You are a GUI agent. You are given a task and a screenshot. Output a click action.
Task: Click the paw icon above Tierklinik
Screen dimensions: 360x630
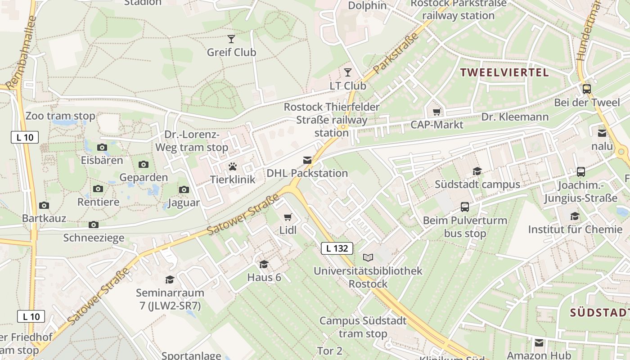[x=232, y=167]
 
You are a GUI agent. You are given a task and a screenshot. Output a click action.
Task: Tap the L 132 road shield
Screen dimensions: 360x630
[x=337, y=248]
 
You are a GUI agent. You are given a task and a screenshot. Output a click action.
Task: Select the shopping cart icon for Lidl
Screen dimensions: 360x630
[x=288, y=217]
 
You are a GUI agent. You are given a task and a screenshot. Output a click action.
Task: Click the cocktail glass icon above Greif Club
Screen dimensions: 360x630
[x=231, y=39]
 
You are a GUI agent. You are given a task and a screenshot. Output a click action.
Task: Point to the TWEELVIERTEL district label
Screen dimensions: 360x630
[x=504, y=72]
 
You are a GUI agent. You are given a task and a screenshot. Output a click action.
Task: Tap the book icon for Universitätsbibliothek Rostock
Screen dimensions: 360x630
[x=368, y=258]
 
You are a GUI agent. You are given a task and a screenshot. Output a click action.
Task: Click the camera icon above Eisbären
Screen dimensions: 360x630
[x=102, y=148]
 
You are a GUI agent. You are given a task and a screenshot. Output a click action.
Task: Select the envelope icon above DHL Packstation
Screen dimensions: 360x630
[x=307, y=161]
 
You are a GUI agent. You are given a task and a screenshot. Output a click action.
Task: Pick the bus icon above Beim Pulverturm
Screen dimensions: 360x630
[x=465, y=207]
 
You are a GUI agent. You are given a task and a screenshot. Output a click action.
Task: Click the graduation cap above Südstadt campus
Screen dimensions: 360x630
[x=477, y=171]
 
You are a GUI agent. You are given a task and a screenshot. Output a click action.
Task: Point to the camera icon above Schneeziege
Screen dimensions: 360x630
[x=94, y=225]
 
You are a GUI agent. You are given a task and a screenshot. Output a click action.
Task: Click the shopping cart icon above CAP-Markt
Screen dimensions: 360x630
[x=436, y=112]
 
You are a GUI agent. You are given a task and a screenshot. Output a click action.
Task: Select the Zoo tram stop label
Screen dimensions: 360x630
[x=60, y=116]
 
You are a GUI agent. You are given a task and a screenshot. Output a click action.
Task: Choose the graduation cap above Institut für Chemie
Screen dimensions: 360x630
[x=575, y=216]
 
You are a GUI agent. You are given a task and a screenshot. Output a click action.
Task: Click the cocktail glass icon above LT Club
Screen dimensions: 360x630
[x=347, y=72]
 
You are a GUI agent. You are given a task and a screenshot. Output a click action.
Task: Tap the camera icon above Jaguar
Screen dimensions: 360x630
[x=184, y=190]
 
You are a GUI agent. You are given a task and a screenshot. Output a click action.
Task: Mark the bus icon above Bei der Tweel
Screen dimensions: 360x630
[x=586, y=89]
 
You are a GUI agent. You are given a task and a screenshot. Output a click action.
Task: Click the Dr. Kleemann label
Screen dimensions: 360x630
[x=515, y=117]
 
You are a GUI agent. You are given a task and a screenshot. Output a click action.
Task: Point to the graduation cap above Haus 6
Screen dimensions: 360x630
[x=264, y=264]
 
